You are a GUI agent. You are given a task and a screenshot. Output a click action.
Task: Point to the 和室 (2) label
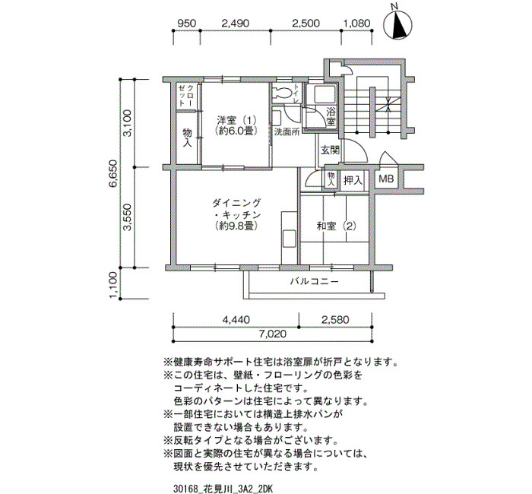click(x=336, y=226)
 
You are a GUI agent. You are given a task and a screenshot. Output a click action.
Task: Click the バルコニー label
click(x=314, y=281)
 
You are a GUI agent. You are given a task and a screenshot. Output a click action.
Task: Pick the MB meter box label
click(x=386, y=179)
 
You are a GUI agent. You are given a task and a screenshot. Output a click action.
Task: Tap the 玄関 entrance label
click(x=330, y=150)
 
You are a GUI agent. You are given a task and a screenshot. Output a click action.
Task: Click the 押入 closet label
click(x=353, y=180)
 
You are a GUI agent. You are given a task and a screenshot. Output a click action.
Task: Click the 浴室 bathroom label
click(x=331, y=116)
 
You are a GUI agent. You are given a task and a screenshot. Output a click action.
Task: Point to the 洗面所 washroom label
click(x=287, y=132)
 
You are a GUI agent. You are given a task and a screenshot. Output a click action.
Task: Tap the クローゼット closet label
click(x=186, y=95)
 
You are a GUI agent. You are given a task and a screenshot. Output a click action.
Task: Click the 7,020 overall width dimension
click(x=272, y=334)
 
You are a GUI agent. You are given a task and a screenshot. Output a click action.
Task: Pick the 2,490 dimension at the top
click(x=235, y=23)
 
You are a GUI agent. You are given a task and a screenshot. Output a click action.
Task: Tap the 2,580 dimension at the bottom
click(x=334, y=320)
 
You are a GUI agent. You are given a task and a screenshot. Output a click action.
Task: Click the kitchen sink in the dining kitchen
click(x=290, y=239)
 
